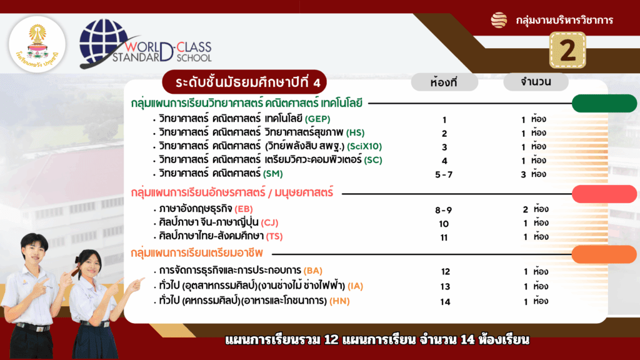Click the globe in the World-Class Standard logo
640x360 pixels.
pyautogui.click(x=104, y=42)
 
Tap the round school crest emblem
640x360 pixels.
pyautogui.click(x=37, y=44)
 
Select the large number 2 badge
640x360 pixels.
pyautogui.click(x=567, y=51)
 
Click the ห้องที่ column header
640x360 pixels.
pyautogui.click(x=444, y=82)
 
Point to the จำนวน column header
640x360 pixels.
pyautogui.click(x=536, y=82)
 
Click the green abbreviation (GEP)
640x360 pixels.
pyautogui.click(x=317, y=119)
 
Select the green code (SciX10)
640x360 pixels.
pyautogui.click(x=364, y=146)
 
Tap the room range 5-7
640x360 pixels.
pyautogui.click(x=444, y=175)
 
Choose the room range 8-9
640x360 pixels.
pyautogui.click(x=443, y=210)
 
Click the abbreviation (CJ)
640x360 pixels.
pyautogui.click(x=269, y=222)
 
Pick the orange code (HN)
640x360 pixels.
pyautogui.click(x=339, y=301)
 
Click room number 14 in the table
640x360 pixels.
pyautogui.click(x=445, y=302)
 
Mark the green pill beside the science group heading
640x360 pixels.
pyautogui.click(x=604, y=103)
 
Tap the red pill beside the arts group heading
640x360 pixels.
pyautogui.click(x=604, y=194)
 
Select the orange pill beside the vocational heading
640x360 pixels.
pyautogui.click(x=604, y=254)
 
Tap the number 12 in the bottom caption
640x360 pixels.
pyautogui.click(x=331, y=339)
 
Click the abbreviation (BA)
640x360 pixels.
pyautogui.click(x=313, y=271)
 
